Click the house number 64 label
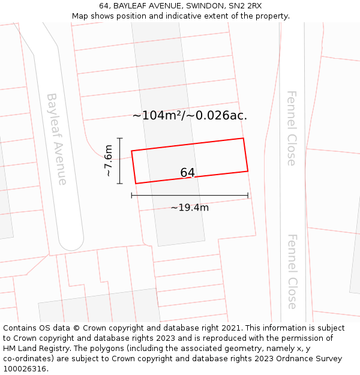[187, 173]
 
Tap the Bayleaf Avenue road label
[57, 139]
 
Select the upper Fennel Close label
[292, 128]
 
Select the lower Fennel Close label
[292, 271]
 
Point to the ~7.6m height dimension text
[108, 160]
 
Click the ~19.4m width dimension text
[190, 208]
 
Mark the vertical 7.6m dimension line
[120, 160]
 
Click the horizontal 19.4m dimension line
[190, 195]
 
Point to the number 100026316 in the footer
[25, 368]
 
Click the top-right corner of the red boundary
[243, 139]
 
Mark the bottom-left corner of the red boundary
[136, 183]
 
